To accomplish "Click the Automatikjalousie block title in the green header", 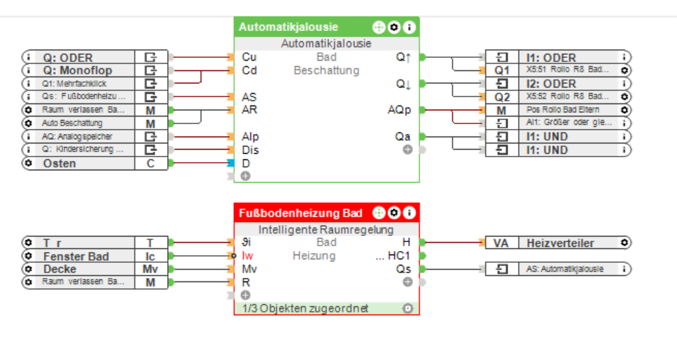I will tap(288, 28).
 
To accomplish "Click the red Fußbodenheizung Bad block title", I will tap(301, 213).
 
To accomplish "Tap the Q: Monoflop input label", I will tap(77, 70).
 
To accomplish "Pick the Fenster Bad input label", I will tap(76, 257).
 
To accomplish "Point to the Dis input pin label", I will tap(250, 150).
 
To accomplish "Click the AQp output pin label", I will tap(400, 110).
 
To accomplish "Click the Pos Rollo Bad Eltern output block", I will tap(562, 110).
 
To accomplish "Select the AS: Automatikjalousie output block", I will tap(566, 269).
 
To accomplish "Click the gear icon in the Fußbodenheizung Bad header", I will tap(394, 213).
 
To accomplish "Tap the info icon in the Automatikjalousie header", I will tap(409, 28).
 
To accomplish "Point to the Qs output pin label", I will tap(403, 269).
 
